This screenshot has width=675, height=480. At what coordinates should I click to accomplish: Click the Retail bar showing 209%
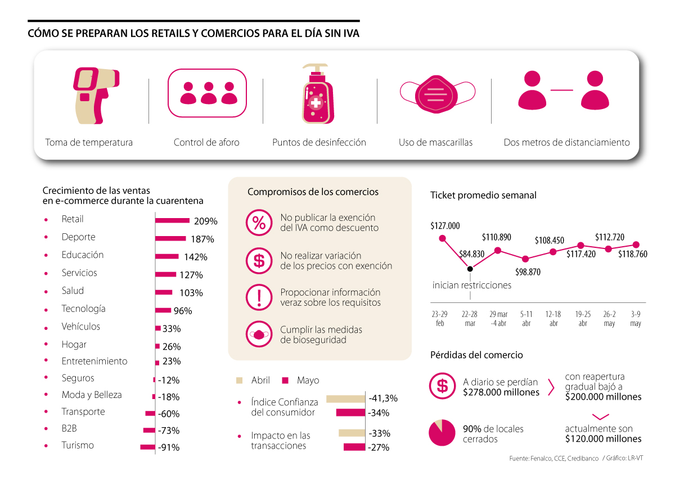tap(173, 220)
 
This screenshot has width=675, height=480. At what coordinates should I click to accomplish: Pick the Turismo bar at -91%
tap(147, 447)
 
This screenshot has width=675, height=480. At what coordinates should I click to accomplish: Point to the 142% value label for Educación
tap(196, 257)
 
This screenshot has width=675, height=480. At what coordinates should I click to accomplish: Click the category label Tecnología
tap(83, 309)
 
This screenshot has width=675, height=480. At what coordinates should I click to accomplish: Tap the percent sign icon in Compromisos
tap(259, 223)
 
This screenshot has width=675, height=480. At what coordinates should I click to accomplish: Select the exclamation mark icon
tap(259, 297)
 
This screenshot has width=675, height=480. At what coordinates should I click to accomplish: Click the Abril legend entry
tap(254, 381)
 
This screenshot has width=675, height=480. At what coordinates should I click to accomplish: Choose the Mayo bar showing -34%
tap(351, 413)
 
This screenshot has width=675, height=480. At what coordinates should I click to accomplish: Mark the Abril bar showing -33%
tap(352, 433)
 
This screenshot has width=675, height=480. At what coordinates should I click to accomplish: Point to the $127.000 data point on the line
tap(442, 238)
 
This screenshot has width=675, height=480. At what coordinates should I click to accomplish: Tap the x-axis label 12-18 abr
tap(553, 319)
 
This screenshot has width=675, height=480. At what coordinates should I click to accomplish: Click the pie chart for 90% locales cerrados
tap(442, 433)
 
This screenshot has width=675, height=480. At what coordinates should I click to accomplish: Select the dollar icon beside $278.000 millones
tap(442, 386)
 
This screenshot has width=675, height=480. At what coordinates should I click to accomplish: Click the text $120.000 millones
tap(603, 438)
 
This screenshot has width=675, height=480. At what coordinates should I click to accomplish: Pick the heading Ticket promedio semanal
tap(483, 195)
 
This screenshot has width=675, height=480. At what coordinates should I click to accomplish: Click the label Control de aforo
tap(206, 142)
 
